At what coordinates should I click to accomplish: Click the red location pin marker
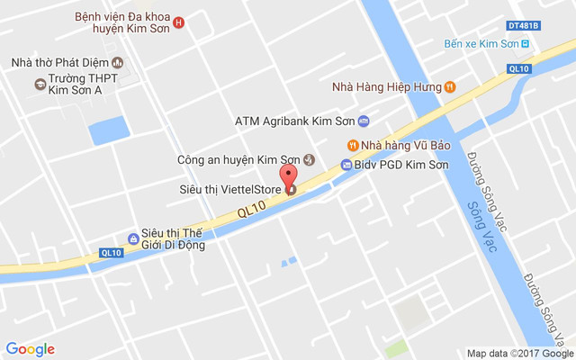pyautogui.click(x=288, y=176)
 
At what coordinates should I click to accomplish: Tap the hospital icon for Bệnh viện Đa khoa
pyautogui.click(x=178, y=22)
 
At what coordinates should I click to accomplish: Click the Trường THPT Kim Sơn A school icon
pyautogui.click(x=40, y=84)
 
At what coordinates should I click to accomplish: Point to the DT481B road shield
pyautogui.click(x=521, y=25)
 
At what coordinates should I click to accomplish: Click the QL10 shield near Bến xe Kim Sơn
pyautogui.click(x=518, y=68)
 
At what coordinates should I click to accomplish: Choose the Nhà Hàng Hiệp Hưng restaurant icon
pyautogui.click(x=450, y=86)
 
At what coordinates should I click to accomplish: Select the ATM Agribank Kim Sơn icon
pyautogui.click(x=363, y=121)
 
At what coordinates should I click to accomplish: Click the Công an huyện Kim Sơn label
pyautogui.click(x=238, y=160)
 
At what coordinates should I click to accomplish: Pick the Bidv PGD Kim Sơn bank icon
pyautogui.click(x=346, y=165)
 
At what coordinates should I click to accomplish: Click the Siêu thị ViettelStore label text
pyautogui.click(x=229, y=189)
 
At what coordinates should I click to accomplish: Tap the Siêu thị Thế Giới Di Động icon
pyautogui.click(x=133, y=238)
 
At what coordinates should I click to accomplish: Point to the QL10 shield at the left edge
pyautogui.click(x=111, y=253)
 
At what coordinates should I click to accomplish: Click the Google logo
pyautogui.click(x=30, y=349)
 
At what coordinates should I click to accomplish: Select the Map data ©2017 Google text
pyautogui.click(x=518, y=353)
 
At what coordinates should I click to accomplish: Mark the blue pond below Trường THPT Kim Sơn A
pyautogui.click(x=106, y=132)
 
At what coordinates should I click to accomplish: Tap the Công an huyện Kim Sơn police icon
pyautogui.click(x=309, y=159)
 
